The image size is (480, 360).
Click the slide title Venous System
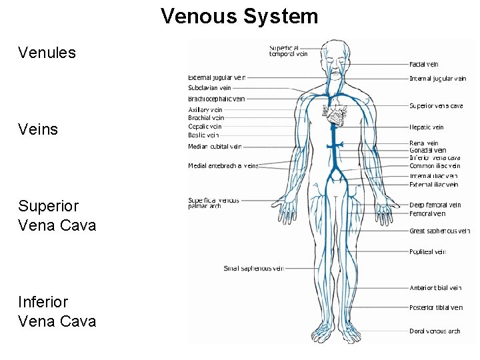[239, 15]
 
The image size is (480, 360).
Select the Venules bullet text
[47, 52]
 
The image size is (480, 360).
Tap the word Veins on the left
[38, 129]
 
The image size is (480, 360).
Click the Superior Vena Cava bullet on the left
[57, 215]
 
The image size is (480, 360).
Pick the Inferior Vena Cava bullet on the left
[57, 311]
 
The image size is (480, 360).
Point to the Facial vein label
[423, 65]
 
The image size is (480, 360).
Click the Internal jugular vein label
[437, 79]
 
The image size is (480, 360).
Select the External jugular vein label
[217, 77]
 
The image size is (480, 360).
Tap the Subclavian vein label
[209, 87]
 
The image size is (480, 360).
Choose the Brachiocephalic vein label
[216, 99]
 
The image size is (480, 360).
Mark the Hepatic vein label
[426, 127]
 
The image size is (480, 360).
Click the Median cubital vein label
[215, 147]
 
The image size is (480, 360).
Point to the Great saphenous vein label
[439, 231]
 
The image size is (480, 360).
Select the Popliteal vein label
[427, 252]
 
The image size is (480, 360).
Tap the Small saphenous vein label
[253, 269]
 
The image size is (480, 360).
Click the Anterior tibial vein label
[435, 288]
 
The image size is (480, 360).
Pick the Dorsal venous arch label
[435, 331]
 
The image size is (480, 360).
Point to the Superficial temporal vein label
[288, 51]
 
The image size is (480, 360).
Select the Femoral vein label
[427, 214]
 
